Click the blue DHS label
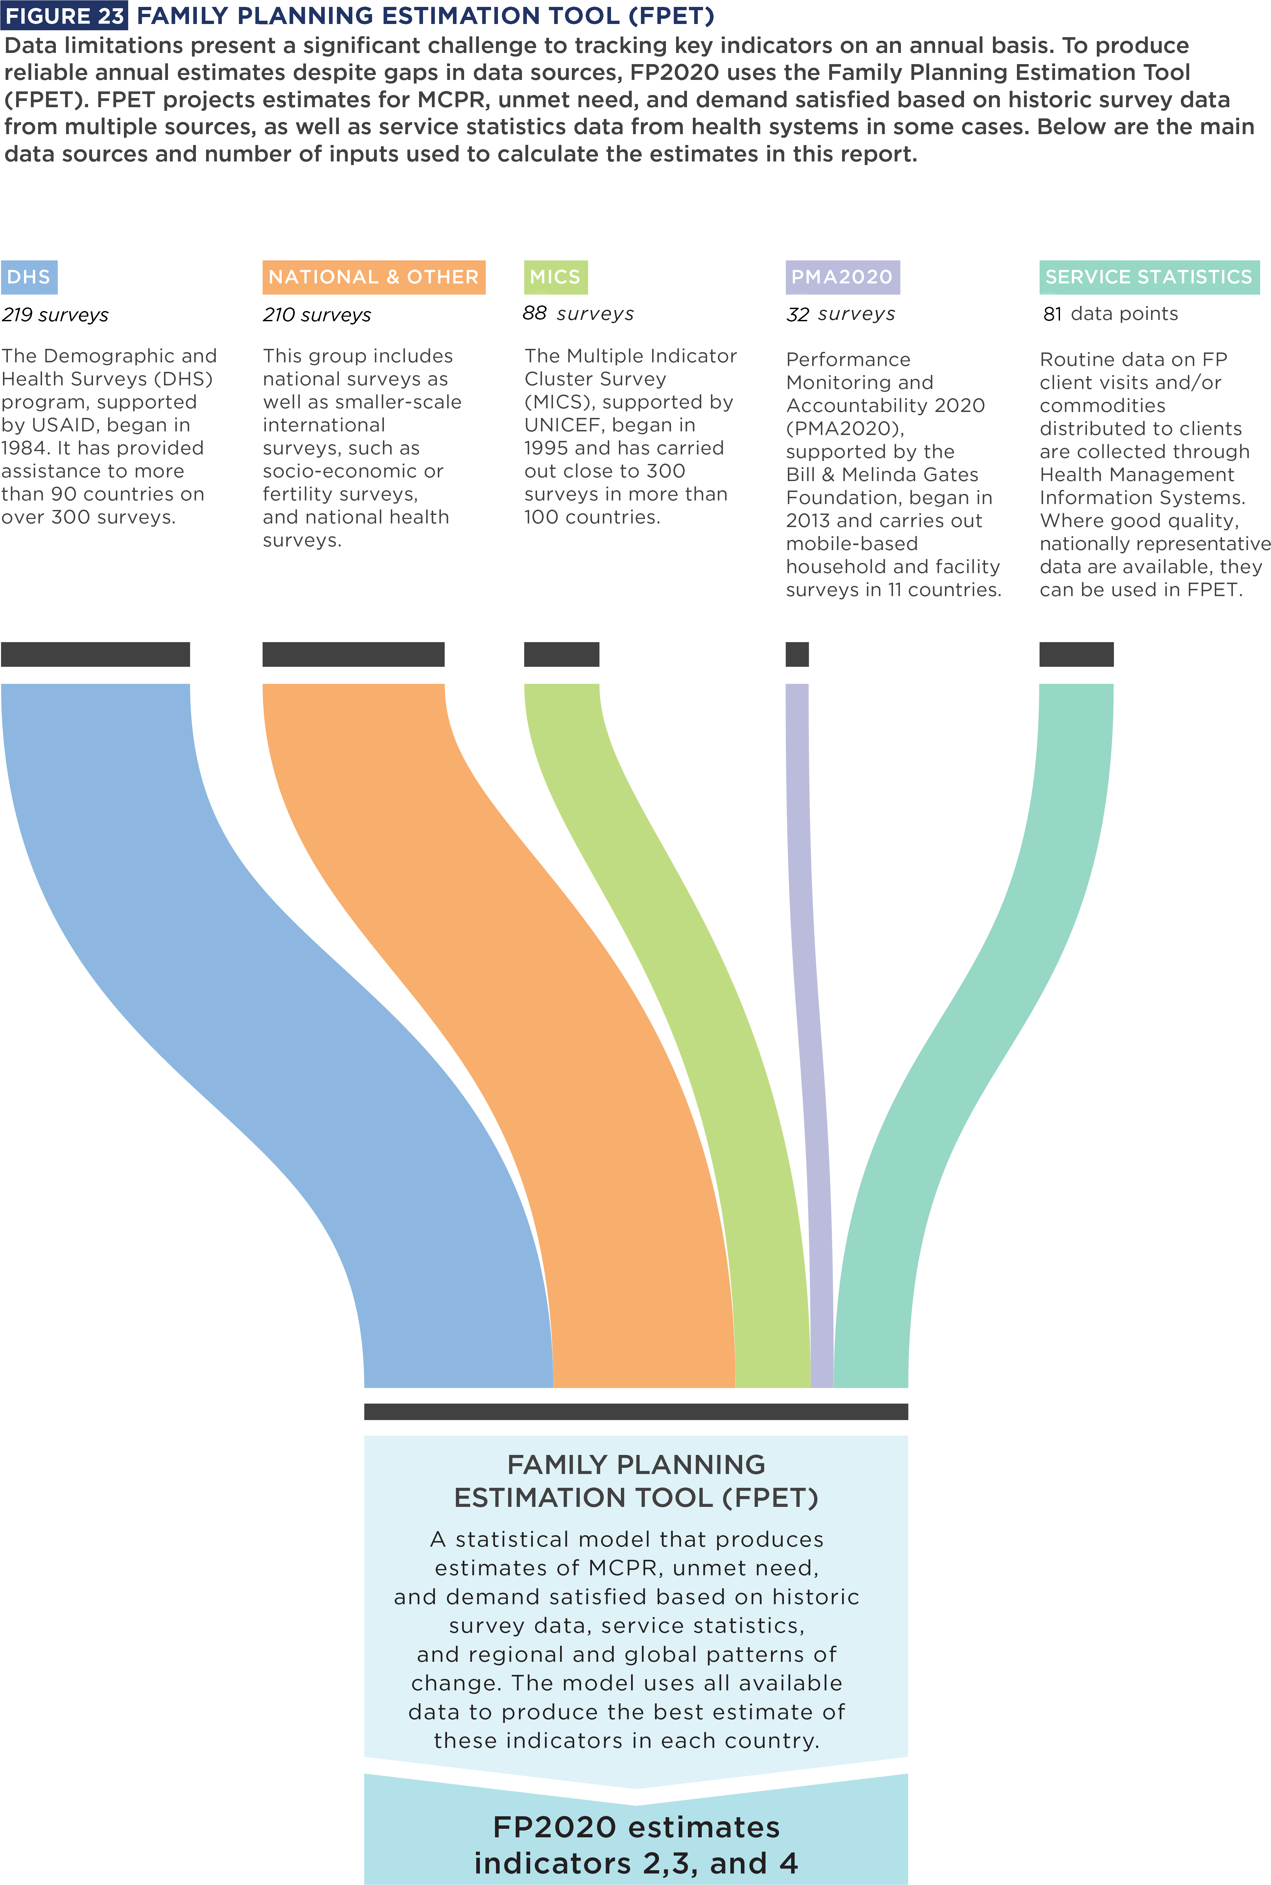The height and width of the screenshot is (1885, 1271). [29, 277]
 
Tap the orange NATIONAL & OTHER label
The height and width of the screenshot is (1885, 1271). [374, 277]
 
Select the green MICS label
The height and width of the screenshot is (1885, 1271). [555, 277]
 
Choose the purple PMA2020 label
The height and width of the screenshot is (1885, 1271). [842, 277]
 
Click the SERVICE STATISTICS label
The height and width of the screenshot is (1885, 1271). [1149, 277]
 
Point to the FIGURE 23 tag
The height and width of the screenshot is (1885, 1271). [64, 15]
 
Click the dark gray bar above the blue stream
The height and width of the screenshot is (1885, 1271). [96, 653]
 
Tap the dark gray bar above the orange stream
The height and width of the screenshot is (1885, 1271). [353, 653]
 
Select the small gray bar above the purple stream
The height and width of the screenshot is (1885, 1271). [797, 653]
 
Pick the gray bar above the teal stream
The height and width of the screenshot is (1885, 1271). [1076, 653]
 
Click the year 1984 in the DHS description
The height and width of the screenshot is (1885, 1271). [23, 448]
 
